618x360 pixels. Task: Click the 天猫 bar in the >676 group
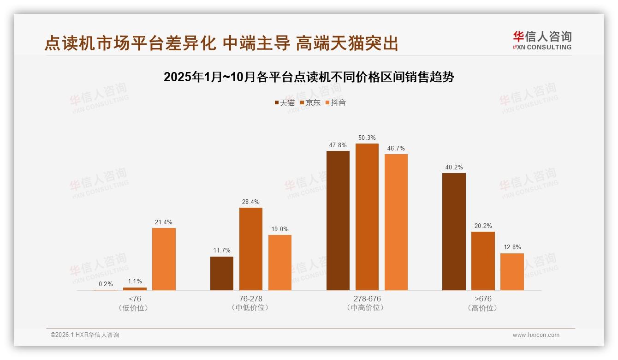point(454,232)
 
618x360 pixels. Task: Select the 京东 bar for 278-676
point(367,217)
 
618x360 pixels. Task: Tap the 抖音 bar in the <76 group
point(164,259)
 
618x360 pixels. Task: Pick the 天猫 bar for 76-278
point(222,273)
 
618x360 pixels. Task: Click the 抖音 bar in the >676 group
point(512,272)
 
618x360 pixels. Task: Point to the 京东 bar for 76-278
point(251,249)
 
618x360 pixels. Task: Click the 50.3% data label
point(367,138)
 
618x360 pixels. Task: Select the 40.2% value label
point(454,167)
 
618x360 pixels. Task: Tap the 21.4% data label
point(164,222)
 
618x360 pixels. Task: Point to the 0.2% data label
point(106,284)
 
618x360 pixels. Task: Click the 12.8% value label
point(512,247)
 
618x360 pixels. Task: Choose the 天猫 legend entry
point(285,102)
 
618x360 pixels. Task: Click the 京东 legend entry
point(310,102)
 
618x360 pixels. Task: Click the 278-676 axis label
point(367,299)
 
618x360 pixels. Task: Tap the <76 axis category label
point(135,299)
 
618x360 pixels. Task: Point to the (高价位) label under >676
point(482,308)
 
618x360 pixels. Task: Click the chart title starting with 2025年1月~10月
point(309,77)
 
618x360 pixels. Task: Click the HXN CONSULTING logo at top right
point(542,41)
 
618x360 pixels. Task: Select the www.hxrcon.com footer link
point(536,335)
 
